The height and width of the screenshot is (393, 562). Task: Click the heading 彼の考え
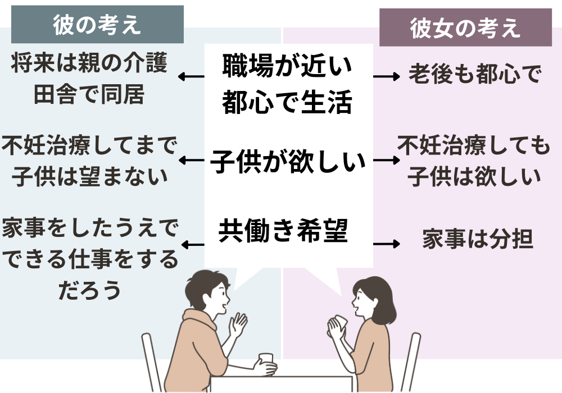pyautogui.click(x=97, y=25)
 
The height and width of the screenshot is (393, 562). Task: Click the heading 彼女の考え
pyautogui.click(x=465, y=28)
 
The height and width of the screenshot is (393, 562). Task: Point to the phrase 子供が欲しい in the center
pyautogui.click(x=288, y=162)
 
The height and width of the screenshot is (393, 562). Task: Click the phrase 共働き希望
pyautogui.click(x=283, y=231)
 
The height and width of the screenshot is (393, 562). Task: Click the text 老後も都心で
pyautogui.click(x=474, y=75)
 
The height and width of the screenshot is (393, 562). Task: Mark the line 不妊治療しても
pyautogui.click(x=474, y=147)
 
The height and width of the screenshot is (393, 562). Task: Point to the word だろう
pyautogui.click(x=89, y=290)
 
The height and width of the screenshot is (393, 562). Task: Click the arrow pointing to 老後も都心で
pyautogui.click(x=387, y=76)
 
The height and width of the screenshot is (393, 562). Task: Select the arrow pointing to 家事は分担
pyautogui.click(x=387, y=244)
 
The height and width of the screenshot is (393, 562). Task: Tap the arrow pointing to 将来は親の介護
pyautogui.click(x=191, y=77)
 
